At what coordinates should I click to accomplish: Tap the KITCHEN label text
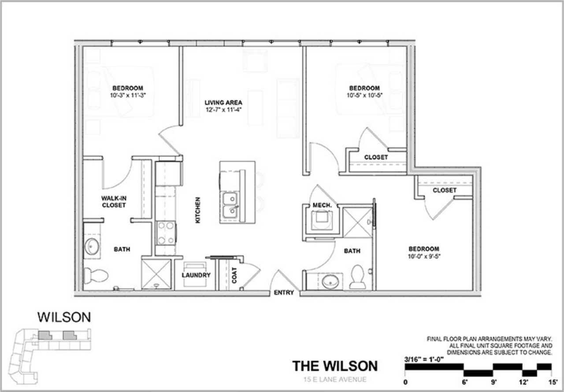coord(198,210)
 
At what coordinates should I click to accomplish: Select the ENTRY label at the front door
coord(284,293)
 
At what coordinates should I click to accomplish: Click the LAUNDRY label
coord(196,275)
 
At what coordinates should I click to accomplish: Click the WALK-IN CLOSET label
coord(113,202)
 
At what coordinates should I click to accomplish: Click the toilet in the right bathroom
coord(357,277)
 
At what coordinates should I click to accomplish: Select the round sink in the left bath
coord(92,246)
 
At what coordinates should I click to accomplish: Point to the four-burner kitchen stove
coord(166,233)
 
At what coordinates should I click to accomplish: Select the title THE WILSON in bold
coord(335,366)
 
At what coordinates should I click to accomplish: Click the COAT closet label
coord(234,275)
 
